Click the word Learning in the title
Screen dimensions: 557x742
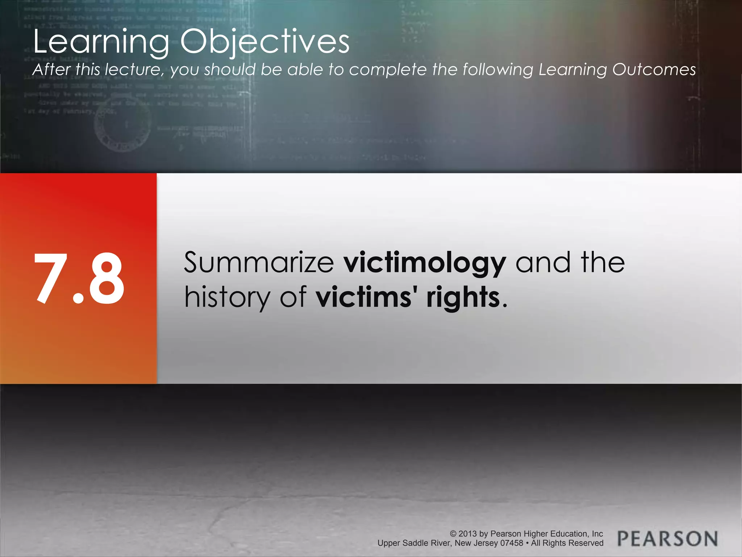(101, 42)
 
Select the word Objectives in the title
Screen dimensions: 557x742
(265, 42)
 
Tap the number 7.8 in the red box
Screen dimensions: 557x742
(79, 278)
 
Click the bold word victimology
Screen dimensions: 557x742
(425, 263)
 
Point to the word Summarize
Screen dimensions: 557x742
(259, 263)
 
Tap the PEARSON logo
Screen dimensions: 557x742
(667, 539)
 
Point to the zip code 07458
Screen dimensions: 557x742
(512, 543)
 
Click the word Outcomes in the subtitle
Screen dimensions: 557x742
(654, 70)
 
